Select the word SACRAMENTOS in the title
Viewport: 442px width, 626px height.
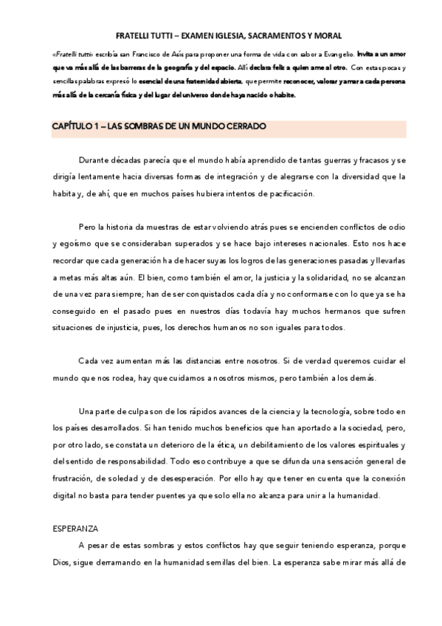click(273, 35)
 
